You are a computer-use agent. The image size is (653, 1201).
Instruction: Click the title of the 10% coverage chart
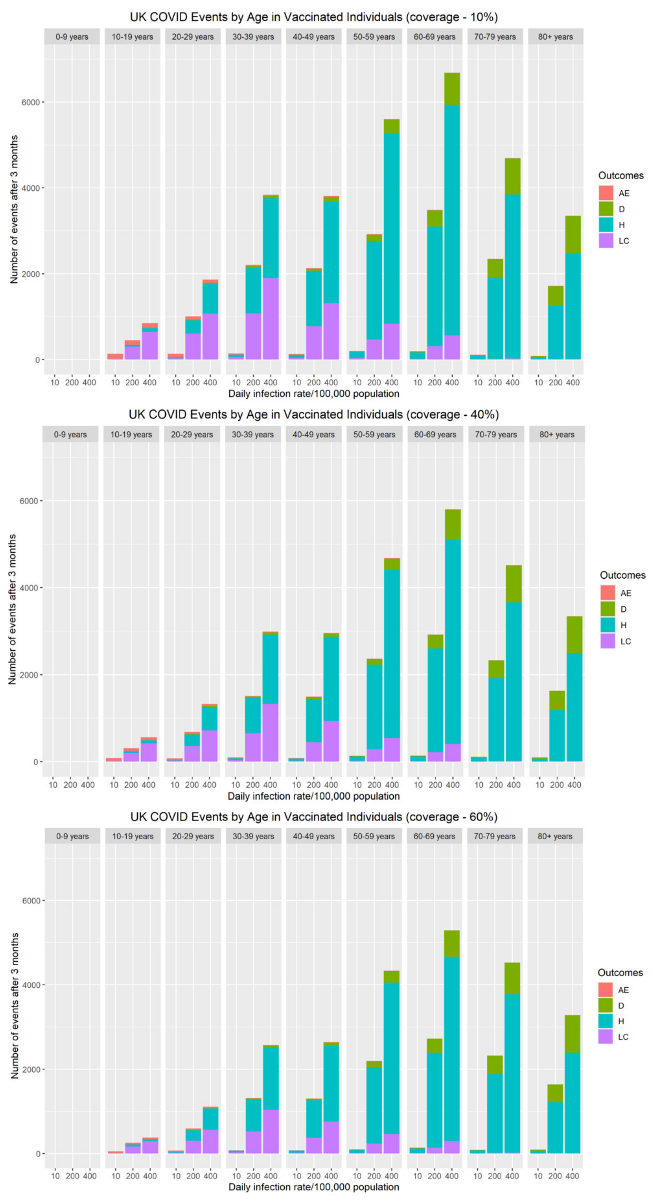[x=313, y=17]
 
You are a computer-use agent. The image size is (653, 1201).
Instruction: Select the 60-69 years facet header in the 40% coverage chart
[x=435, y=434]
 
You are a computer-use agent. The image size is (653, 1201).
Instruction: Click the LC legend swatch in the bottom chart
[x=605, y=1036]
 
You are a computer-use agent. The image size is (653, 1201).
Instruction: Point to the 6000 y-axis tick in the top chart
[x=31, y=102]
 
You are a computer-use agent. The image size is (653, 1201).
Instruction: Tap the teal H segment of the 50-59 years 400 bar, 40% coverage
[x=392, y=653]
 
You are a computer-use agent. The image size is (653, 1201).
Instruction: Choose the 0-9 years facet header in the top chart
[x=72, y=37]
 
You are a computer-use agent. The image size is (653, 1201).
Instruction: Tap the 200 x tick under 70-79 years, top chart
[x=495, y=382]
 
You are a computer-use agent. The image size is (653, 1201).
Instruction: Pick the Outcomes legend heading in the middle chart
[x=622, y=575]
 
